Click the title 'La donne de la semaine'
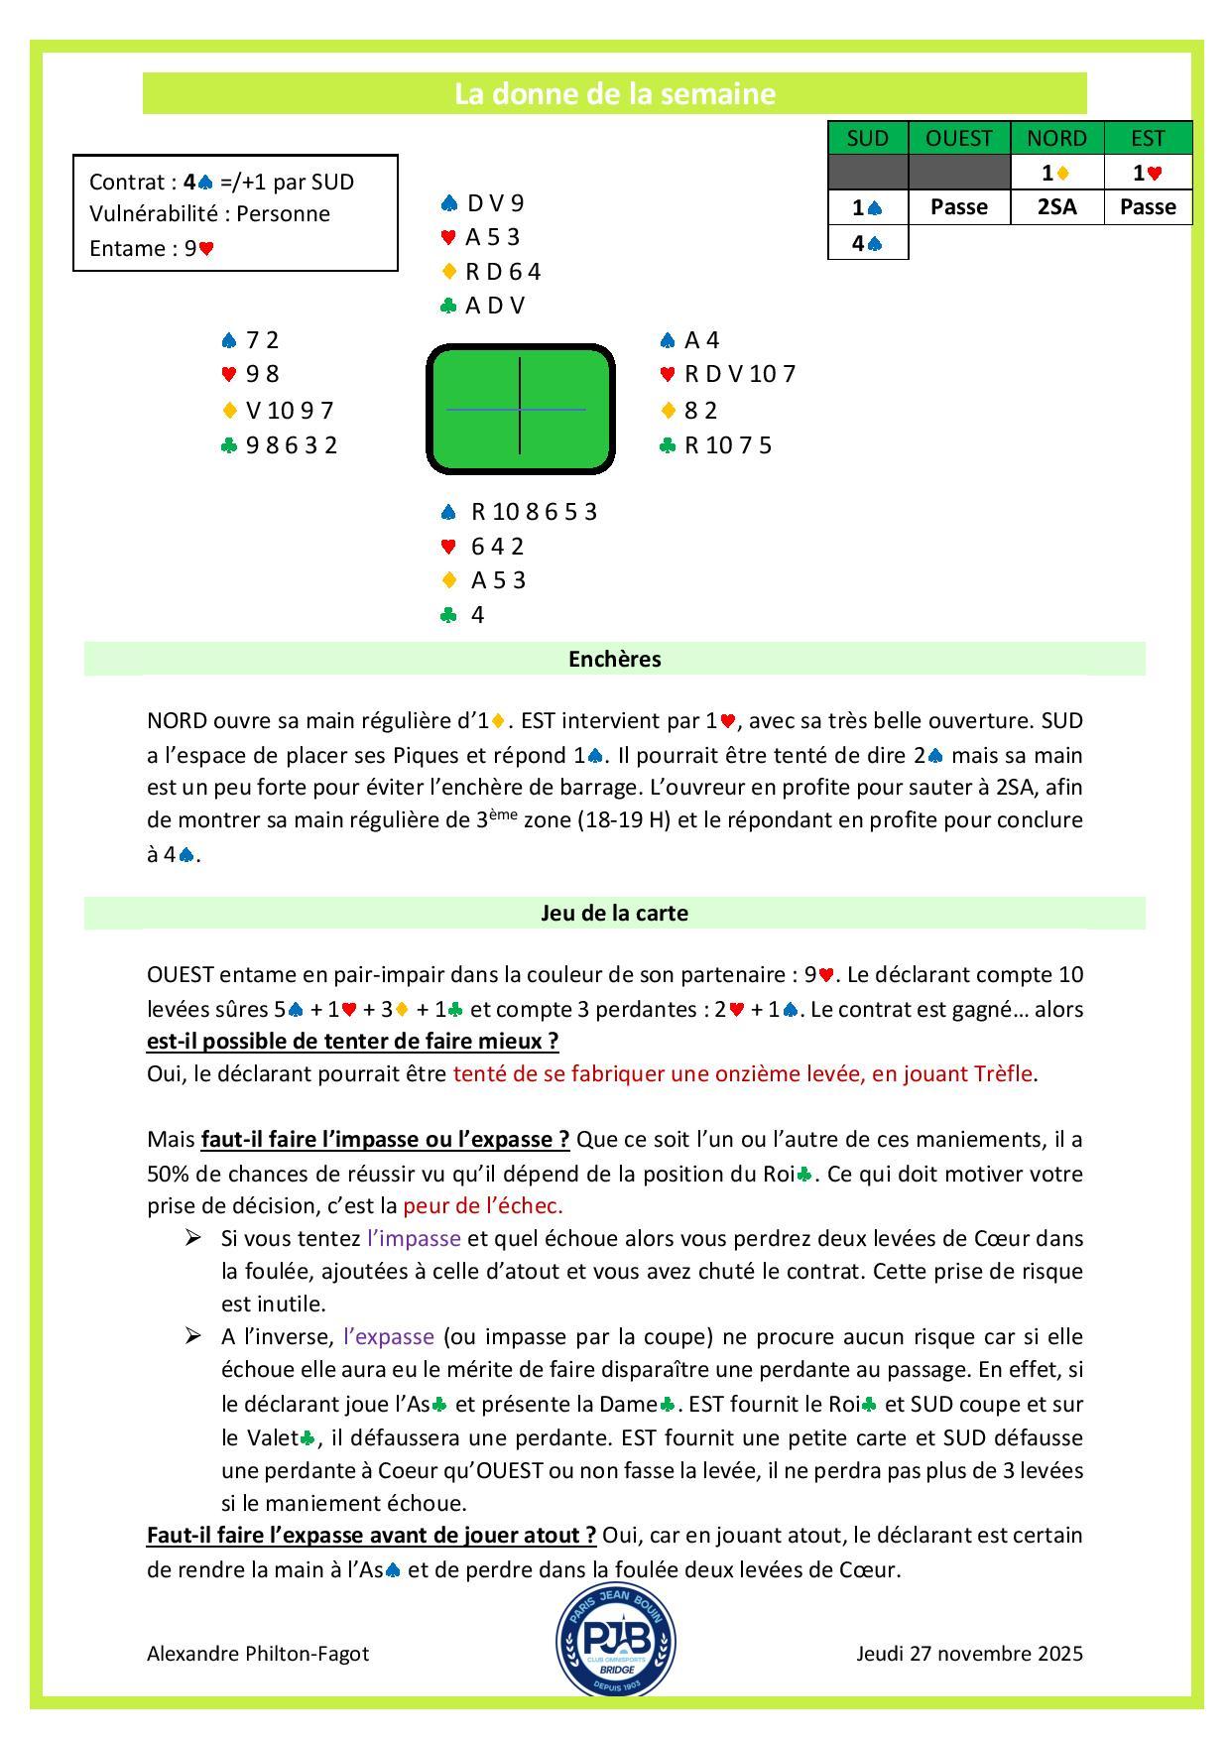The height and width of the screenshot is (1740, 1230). (614, 93)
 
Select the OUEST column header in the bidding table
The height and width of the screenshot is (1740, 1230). (958, 138)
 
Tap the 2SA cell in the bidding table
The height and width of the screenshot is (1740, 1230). (1056, 206)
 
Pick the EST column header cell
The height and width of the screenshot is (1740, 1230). (1148, 138)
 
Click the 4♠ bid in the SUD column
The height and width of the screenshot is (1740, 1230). (867, 242)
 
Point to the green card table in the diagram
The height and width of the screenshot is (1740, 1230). (520, 409)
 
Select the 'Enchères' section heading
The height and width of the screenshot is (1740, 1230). (614, 659)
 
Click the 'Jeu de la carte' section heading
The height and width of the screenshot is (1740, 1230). (614, 913)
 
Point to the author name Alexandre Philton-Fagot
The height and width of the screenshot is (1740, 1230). (258, 1654)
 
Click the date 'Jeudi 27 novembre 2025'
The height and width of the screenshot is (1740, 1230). (969, 1654)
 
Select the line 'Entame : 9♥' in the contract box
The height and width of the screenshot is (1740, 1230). (152, 248)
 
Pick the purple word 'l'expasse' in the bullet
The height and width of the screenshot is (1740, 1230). (388, 1336)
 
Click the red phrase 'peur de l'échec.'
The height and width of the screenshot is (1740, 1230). (483, 1205)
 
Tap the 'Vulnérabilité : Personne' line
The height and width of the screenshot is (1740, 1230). (209, 213)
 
